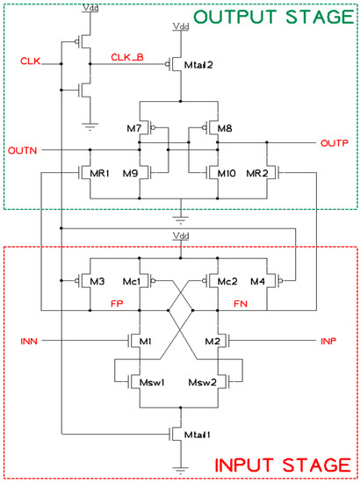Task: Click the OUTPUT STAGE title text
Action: click(x=278, y=17)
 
